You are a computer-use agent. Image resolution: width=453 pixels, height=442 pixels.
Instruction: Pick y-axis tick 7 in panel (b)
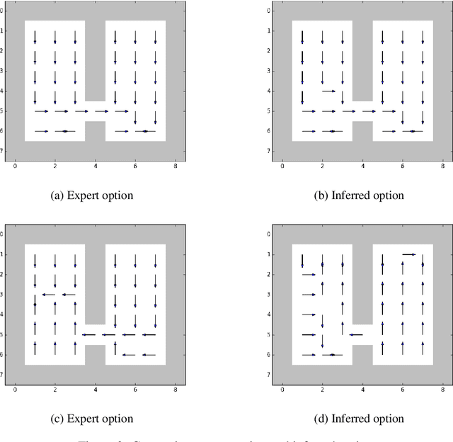[268, 151]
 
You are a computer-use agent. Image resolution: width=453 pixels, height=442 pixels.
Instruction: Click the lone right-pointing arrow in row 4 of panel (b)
[328, 91]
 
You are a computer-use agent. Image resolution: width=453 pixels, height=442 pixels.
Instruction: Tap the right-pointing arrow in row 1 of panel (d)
[408, 254]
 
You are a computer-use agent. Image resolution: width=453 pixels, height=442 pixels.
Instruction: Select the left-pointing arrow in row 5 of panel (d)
[355, 335]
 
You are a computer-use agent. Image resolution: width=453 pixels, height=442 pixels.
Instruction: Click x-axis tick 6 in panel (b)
[403, 167]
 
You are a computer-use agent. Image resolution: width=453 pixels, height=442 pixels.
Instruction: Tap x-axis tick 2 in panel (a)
[55, 167]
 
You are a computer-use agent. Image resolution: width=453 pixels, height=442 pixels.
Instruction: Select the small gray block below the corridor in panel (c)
[95, 354]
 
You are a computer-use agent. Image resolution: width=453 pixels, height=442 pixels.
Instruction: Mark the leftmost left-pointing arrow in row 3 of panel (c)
[48, 295]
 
